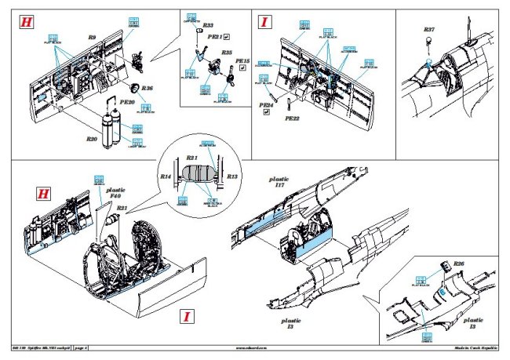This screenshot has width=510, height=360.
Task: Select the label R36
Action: pyautogui.click(x=147, y=89)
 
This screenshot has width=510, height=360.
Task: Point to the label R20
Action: pyautogui.click(x=93, y=138)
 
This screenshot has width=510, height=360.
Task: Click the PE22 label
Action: pyautogui.click(x=291, y=118)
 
